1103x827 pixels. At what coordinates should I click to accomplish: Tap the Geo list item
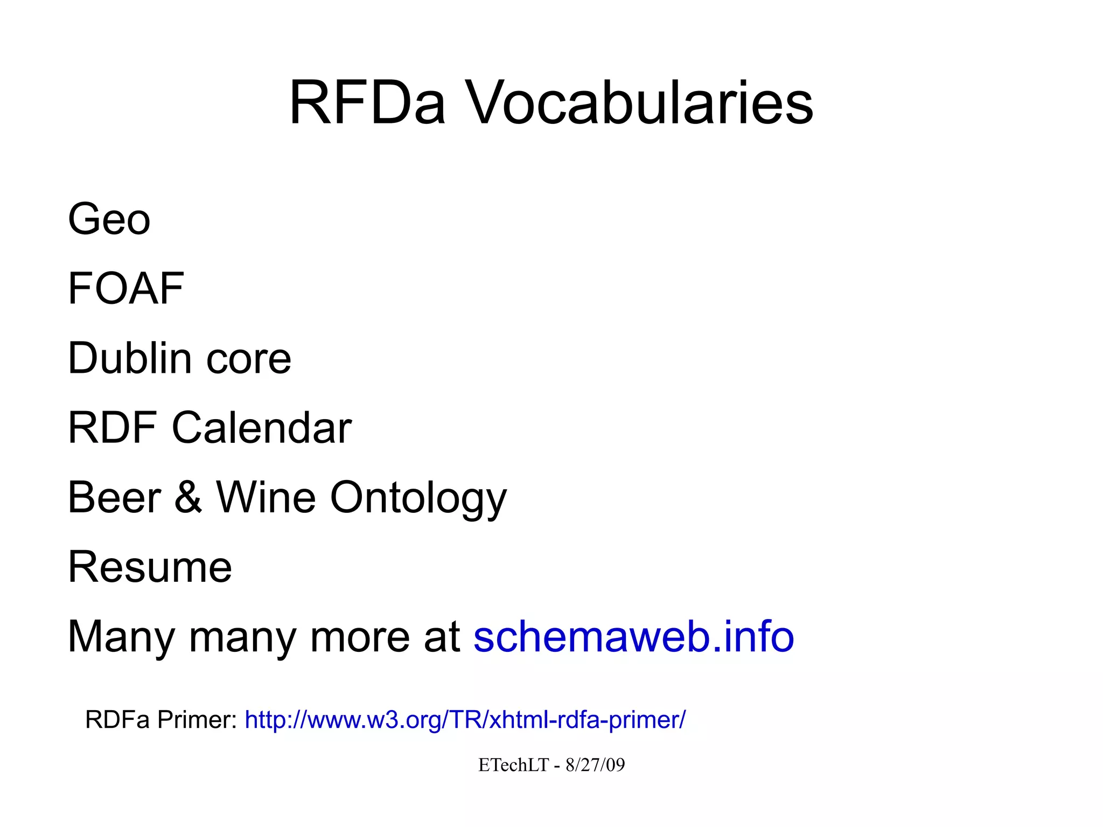[109, 219]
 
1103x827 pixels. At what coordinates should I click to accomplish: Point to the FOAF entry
[126, 289]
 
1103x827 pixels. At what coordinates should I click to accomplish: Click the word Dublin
[130, 358]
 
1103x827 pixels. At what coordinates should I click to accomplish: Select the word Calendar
[262, 428]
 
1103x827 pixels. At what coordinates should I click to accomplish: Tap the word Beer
[114, 497]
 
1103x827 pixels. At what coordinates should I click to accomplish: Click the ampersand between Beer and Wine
[188, 497]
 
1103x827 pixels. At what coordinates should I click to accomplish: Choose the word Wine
[266, 497]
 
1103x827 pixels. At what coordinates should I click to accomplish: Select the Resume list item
[150, 567]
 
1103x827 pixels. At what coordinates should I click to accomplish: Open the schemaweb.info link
[633, 636]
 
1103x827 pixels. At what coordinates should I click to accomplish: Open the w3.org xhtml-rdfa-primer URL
[465, 720]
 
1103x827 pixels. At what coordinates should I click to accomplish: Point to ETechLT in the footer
[513, 765]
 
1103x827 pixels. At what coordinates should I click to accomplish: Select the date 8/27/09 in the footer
[595, 765]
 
